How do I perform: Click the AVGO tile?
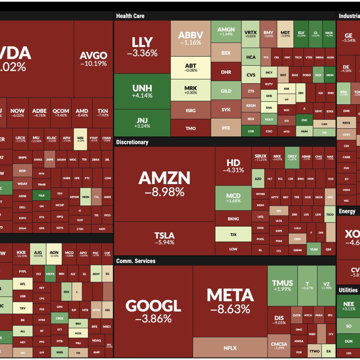[93, 59]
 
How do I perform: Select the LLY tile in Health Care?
[142, 47]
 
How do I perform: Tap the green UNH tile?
[142, 91]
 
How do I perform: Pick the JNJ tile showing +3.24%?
[142, 123]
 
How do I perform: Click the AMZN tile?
[164, 183]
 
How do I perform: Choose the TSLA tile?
[164, 238]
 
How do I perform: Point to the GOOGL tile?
[153, 310]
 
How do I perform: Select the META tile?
[230, 301]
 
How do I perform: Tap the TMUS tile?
[282, 285]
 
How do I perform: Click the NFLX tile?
[230, 348]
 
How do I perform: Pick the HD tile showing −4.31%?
[233, 165]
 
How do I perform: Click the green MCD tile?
[233, 198]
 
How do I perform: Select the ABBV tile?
[190, 38]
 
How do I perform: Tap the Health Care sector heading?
[130, 16]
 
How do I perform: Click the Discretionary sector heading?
[132, 142]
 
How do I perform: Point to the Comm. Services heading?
[135, 261]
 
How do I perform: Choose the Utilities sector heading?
[348, 290]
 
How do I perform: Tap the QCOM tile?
[61, 112]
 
